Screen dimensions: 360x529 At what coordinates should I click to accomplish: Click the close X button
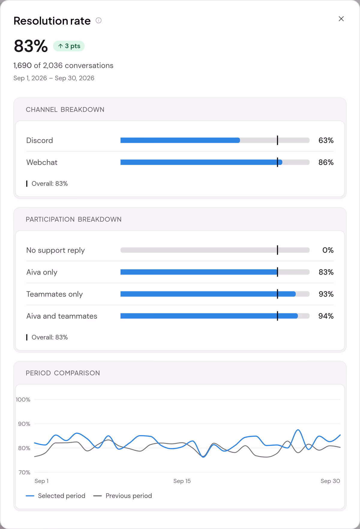pyautogui.click(x=341, y=19)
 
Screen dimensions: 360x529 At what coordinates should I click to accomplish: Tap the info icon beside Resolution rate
pyautogui.click(x=98, y=20)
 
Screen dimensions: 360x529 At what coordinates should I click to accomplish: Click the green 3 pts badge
pyautogui.click(x=69, y=46)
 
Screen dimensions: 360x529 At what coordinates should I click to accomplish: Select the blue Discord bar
pyautogui.click(x=180, y=140)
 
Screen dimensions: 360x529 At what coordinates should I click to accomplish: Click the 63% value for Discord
pyautogui.click(x=326, y=140)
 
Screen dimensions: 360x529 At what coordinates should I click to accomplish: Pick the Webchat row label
pyautogui.click(x=42, y=162)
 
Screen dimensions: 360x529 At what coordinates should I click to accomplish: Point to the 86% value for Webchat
pyautogui.click(x=326, y=162)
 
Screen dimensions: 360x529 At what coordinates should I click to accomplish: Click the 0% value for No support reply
pyautogui.click(x=328, y=250)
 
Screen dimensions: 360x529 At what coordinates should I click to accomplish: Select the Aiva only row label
pyautogui.click(x=42, y=272)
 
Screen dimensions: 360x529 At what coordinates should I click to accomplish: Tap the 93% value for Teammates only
pyautogui.click(x=326, y=294)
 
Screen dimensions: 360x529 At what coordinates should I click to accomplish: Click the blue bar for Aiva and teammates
pyautogui.click(x=209, y=316)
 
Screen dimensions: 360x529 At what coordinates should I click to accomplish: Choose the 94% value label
pyautogui.click(x=326, y=316)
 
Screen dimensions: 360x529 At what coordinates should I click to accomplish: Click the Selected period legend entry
pyautogui.click(x=55, y=496)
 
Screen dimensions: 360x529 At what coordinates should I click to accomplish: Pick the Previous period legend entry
pyautogui.click(x=122, y=496)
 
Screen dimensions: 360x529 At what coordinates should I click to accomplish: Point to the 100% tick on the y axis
pyautogui.click(x=23, y=399)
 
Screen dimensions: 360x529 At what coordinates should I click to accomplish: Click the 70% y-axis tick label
pyautogui.click(x=24, y=472)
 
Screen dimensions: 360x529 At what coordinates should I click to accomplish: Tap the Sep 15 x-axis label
pyautogui.click(x=182, y=481)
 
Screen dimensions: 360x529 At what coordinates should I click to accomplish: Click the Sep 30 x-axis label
pyautogui.click(x=330, y=481)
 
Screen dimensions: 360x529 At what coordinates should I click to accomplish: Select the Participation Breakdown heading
pyautogui.click(x=73, y=219)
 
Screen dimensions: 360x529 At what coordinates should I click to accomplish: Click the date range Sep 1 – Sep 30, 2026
pyautogui.click(x=54, y=78)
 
